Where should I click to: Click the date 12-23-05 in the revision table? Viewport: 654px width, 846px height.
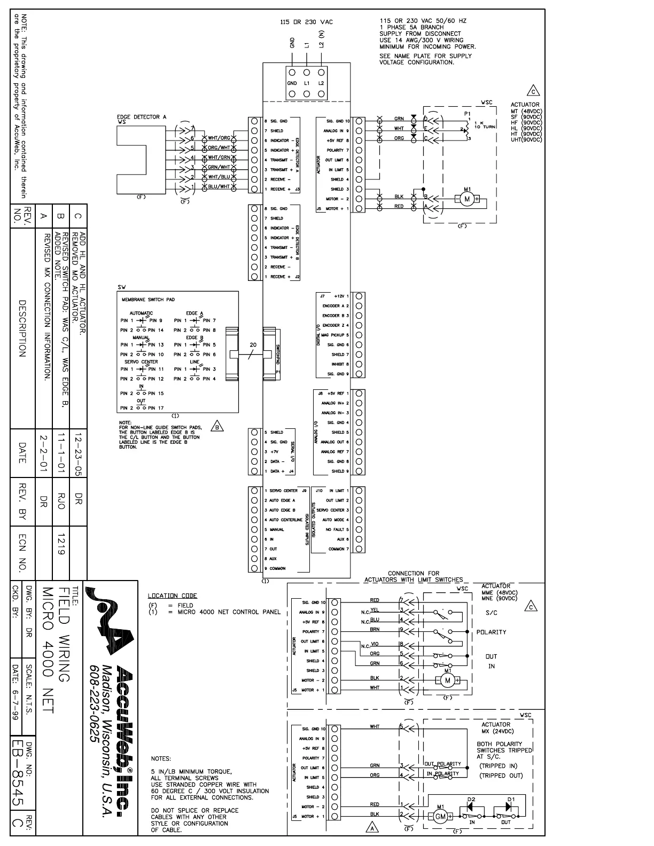(x=78, y=454)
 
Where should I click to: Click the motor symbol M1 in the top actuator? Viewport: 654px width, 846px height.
(x=466, y=199)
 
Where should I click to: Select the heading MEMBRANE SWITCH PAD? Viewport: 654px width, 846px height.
(x=148, y=300)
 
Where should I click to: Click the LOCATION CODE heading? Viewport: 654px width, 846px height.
(x=172, y=596)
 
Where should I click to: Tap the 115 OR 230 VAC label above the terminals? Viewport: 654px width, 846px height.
(x=306, y=22)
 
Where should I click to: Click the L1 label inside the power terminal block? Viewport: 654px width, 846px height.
(x=307, y=83)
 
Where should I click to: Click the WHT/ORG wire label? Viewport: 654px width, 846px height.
(x=219, y=138)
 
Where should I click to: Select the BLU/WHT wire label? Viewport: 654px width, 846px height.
(x=219, y=186)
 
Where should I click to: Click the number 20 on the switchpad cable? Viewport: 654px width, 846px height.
(x=253, y=345)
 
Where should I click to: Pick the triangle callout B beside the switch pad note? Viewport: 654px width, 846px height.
(x=217, y=426)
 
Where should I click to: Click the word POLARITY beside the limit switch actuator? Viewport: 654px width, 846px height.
(x=491, y=632)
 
